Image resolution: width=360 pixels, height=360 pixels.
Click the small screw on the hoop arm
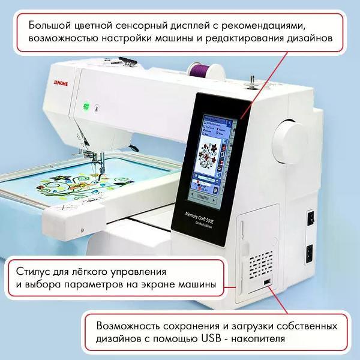click(80, 229)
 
